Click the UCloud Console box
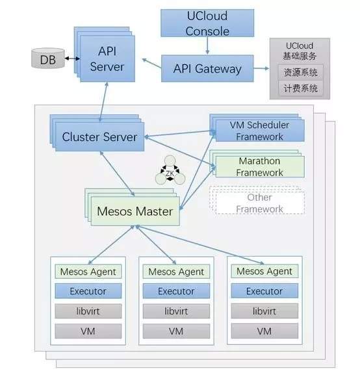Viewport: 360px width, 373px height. pyautogui.click(x=207, y=23)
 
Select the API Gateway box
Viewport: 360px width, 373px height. pyautogui.click(x=207, y=68)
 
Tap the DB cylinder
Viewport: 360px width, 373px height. pyautogui.click(x=48, y=58)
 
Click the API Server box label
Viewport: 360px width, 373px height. pyautogui.click(x=107, y=58)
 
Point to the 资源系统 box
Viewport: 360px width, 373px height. pyautogui.click(x=300, y=72)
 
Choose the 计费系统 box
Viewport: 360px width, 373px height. pyautogui.click(x=300, y=88)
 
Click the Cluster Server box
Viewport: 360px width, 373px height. pyautogui.click(x=99, y=136)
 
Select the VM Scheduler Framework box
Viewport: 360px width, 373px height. pyautogui.click(x=260, y=131)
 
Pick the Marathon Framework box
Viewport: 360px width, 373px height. pyautogui.click(x=260, y=166)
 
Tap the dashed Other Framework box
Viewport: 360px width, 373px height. pyautogui.click(x=260, y=203)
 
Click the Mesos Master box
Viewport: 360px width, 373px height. pyautogui.click(x=135, y=211)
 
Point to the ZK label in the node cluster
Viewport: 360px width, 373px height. pyautogui.click(x=170, y=174)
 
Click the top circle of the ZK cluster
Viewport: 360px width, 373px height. pyautogui.click(x=170, y=161)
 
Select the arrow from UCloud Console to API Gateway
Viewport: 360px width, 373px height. pyautogui.click(x=207, y=45)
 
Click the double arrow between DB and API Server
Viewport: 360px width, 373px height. pyautogui.click(x=72, y=58)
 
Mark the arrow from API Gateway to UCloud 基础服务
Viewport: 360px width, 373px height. pyautogui.click(x=261, y=68)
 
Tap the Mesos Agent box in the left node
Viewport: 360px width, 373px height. pyautogui.click(x=88, y=272)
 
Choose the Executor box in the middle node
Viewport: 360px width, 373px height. pyautogui.click(x=176, y=291)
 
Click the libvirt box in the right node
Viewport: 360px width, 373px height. pyautogui.click(x=264, y=311)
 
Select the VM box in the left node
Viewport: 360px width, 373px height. pyautogui.click(x=88, y=331)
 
